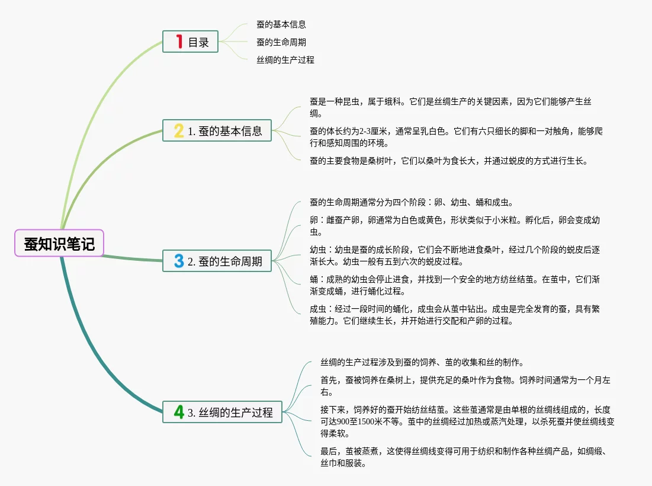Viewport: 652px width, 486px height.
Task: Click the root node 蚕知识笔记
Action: tap(59, 243)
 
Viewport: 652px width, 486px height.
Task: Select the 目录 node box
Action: tap(190, 41)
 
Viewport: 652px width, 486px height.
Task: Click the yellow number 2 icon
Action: tap(179, 130)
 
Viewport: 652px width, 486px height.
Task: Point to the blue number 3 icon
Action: tap(179, 260)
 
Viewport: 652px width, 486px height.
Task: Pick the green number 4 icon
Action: tap(179, 412)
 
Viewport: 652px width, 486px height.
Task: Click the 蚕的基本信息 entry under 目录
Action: tap(281, 25)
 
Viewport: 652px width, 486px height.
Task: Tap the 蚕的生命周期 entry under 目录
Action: tap(281, 42)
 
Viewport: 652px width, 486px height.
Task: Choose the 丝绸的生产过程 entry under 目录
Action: tap(285, 60)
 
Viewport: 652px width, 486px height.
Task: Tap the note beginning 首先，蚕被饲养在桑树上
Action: tap(465, 386)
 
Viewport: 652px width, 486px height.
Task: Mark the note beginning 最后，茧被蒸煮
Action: tap(465, 457)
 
